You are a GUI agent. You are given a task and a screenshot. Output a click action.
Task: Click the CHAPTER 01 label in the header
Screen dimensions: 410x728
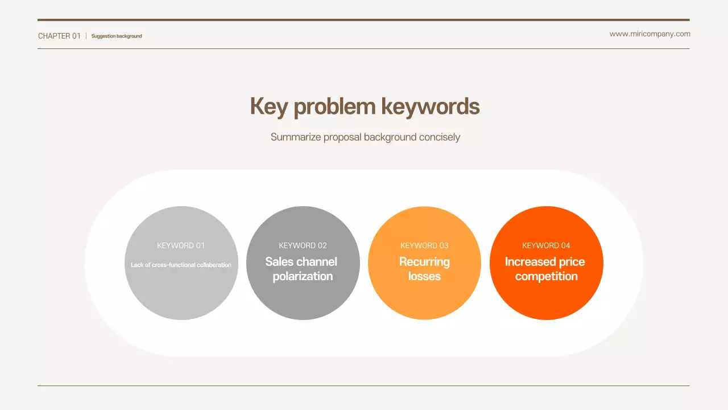[x=59, y=36]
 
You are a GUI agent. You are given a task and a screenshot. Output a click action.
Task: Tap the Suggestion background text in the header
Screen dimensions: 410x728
[x=117, y=36]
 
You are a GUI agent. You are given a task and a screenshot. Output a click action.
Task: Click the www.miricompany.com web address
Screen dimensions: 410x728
[x=650, y=34]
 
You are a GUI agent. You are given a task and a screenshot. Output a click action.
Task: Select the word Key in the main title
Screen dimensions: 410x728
[x=268, y=107]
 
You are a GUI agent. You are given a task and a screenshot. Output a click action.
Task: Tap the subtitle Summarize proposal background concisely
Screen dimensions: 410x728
[x=365, y=137]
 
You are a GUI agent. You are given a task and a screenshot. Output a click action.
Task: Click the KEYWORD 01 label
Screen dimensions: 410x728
[x=181, y=245]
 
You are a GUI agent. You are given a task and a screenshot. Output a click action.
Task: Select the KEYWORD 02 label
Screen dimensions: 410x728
[x=303, y=245]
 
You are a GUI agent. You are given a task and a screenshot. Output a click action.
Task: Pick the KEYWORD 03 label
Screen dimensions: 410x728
[x=424, y=245]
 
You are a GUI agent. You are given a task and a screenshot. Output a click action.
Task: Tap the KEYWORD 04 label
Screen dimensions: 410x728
[x=546, y=245]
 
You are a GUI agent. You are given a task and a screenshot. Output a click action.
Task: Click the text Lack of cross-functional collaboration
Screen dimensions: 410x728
[x=181, y=265]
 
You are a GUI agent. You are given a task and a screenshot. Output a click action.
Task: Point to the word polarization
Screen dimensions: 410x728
[x=303, y=276]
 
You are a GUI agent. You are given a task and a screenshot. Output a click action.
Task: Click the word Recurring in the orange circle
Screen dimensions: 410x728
[x=424, y=262]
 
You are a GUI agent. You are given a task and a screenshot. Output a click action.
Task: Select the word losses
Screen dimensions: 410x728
[x=424, y=276]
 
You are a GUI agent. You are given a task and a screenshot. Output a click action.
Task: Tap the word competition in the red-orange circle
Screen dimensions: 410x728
[x=546, y=276]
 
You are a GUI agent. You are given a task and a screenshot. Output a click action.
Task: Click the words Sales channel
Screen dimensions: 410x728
[x=301, y=262]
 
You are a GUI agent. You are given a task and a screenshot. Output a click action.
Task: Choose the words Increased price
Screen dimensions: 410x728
[x=545, y=262]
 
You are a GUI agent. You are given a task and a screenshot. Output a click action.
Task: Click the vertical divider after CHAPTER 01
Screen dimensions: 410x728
[x=86, y=36]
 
